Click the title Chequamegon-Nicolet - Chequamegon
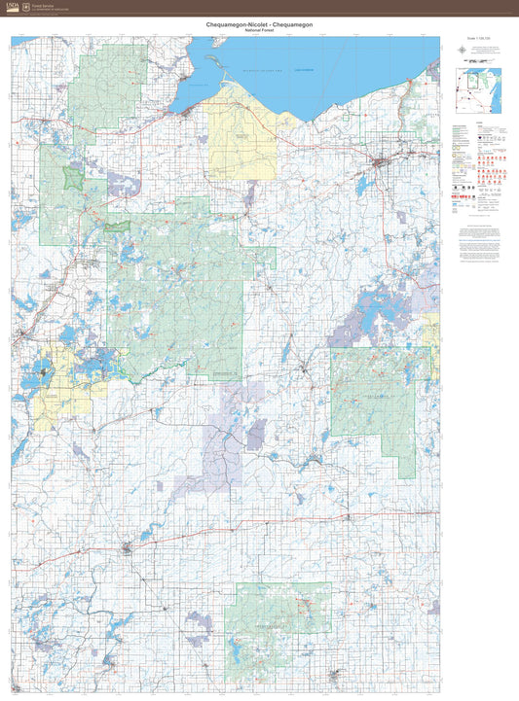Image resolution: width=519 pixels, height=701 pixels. (259, 22)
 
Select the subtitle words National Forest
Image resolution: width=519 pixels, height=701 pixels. (259, 30)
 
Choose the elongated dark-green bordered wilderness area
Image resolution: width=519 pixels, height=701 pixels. (118, 226)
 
